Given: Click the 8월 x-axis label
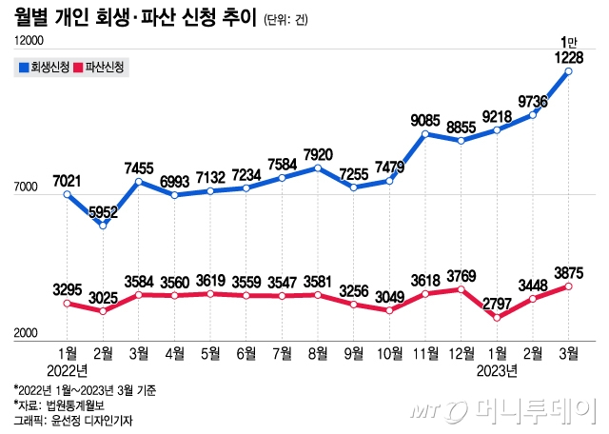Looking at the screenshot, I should click(x=317, y=354).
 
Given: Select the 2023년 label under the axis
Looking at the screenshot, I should click(x=496, y=369).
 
